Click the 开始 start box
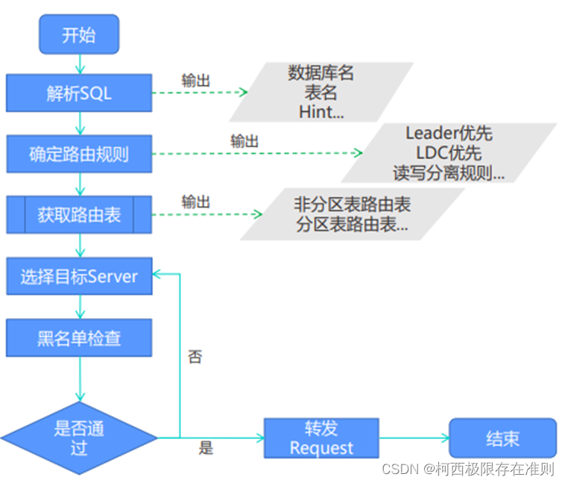click(79, 35)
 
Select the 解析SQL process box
click(79, 94)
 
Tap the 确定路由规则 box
click(79, 155)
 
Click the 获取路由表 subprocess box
click(79, 215)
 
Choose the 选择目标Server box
click(79, 277)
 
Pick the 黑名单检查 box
click(79, 338)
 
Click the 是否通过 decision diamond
click(79, 437)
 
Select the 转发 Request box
click(321, 437)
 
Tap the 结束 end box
click(502, 438)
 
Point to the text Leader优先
click(449, 134)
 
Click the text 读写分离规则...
click(449, 172)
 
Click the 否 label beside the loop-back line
click(195, 357)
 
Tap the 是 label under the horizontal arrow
click(206, 448)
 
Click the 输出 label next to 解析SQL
click(195, 81)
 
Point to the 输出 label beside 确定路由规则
click(245, 141)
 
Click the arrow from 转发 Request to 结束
click(414, 438)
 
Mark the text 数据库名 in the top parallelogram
click(321, 73)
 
